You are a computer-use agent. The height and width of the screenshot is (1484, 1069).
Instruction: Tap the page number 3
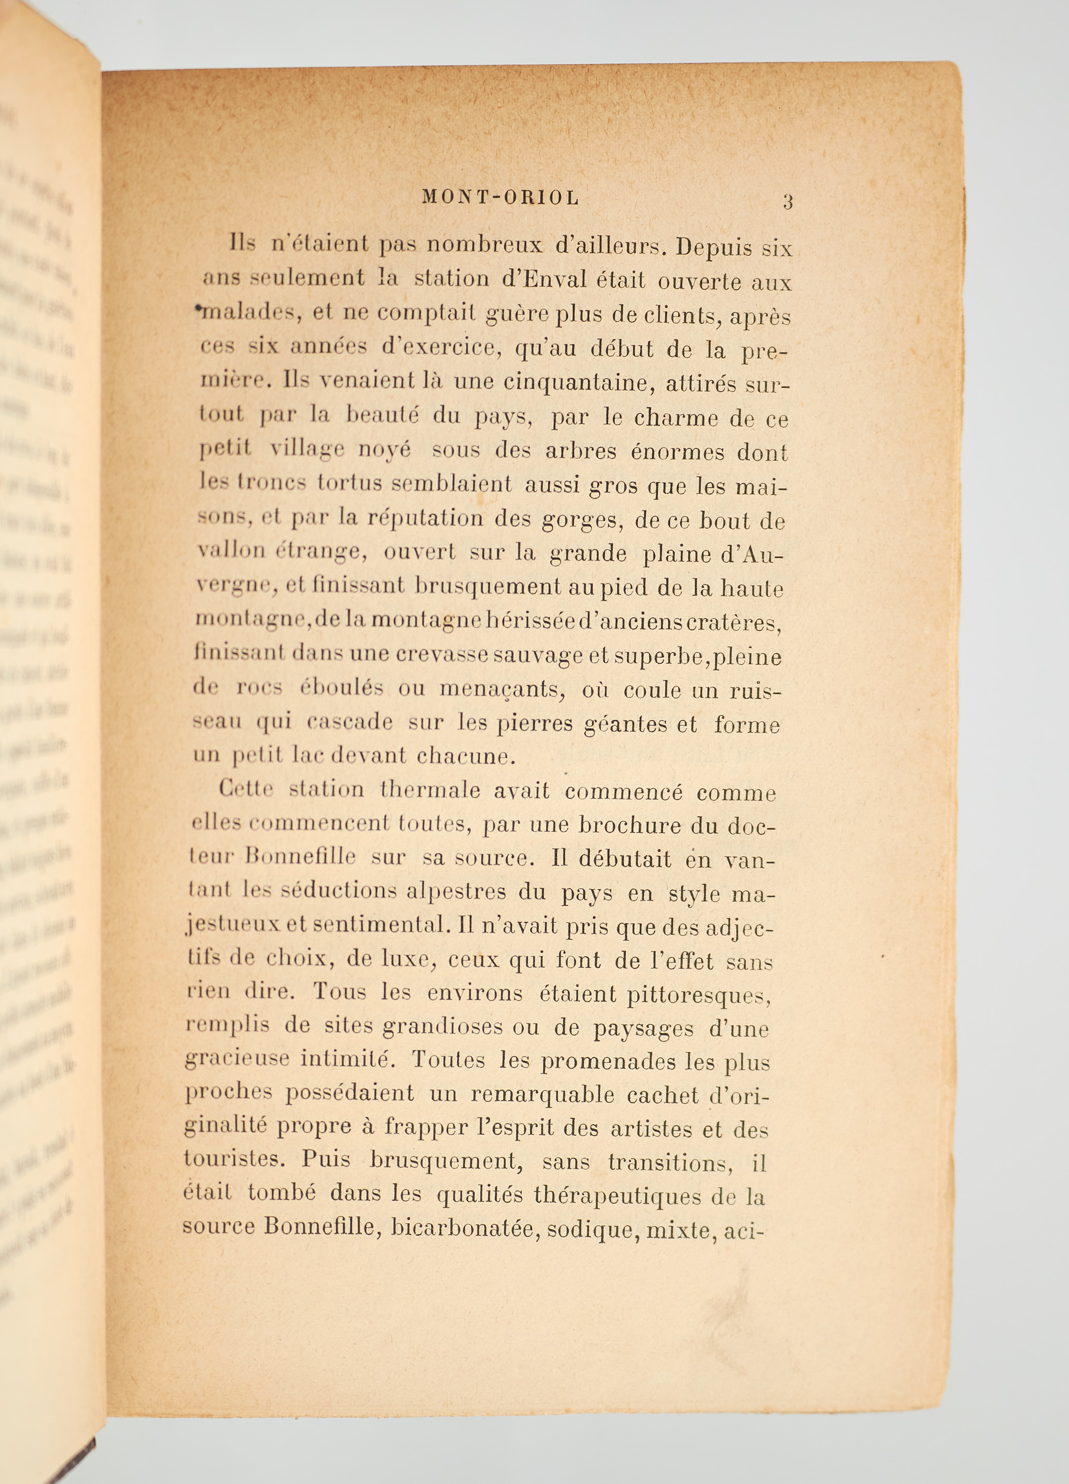tap(788, 201)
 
